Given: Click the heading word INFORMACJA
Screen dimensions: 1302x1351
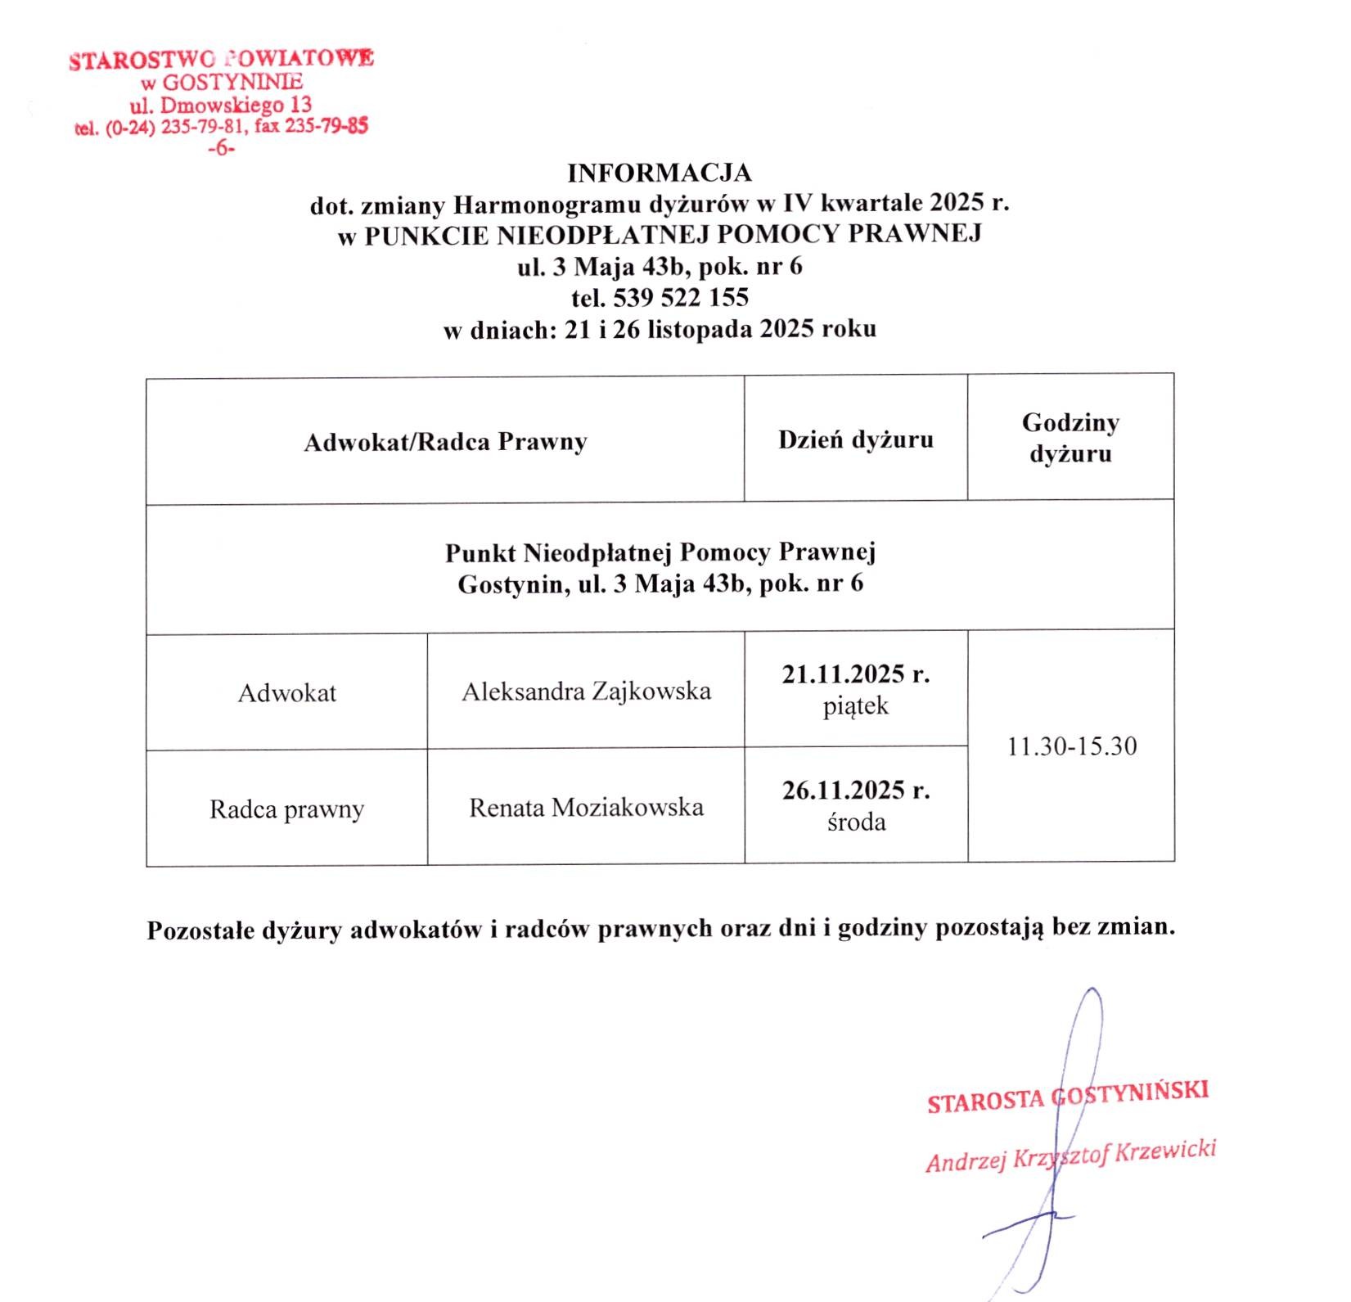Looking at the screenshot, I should tap(659, 173).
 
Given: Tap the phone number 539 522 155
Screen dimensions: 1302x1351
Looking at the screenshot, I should tap(681, 296).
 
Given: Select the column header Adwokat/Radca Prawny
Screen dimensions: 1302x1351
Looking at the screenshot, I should tap(445, 442).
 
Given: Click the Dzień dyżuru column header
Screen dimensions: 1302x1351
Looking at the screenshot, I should tap(855, 439).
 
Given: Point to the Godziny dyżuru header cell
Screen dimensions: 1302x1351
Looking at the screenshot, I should tap(1070, 438).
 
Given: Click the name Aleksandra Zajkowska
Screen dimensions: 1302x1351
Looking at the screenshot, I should tap(586, 692).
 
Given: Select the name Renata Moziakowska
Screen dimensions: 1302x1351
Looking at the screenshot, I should tap(586, 808).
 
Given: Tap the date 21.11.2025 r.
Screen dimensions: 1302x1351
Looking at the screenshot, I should tap(855, 674).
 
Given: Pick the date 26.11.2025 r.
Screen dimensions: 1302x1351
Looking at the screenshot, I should tap(855, 791).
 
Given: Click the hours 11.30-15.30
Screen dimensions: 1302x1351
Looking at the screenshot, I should tap(1071, 746).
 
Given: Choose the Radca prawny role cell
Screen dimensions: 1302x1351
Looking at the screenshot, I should tap(286, 809).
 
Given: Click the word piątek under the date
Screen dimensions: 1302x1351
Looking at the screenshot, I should tap(855, 706).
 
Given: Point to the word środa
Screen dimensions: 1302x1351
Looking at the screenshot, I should tap(856, 822).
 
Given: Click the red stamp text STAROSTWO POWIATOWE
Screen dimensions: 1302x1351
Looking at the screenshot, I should tap(222, 60).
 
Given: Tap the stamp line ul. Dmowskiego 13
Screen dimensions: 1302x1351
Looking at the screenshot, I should tap(221, 105).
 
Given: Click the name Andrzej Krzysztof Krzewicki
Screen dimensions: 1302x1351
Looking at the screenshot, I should tap(1070, 1155).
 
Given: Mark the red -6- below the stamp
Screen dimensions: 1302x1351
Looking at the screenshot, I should tap(221, 149).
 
